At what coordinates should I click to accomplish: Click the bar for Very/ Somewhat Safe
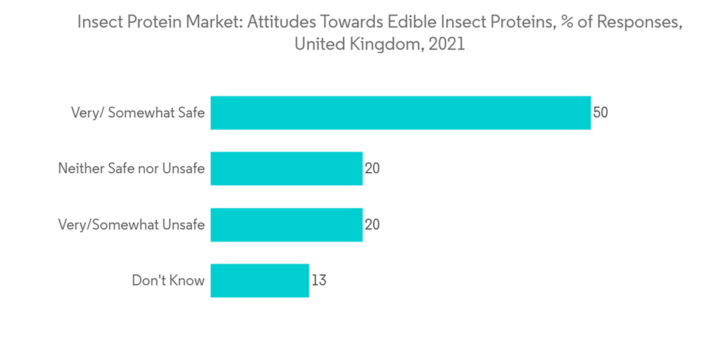400,113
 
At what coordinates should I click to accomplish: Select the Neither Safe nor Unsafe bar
286,169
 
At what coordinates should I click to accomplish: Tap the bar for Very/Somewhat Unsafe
286,224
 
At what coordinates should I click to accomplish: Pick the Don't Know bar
260,281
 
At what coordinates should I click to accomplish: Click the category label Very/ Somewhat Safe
137,113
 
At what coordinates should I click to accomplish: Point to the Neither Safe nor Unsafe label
131,169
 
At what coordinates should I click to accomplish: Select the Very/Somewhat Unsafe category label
131,224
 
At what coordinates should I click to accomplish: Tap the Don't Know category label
168,281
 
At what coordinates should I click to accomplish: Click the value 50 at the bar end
600,113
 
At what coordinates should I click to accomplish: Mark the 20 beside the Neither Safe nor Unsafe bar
372,169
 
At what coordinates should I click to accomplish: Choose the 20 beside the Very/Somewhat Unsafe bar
372,224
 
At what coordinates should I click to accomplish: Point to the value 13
318,281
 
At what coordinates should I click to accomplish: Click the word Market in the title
216,22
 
